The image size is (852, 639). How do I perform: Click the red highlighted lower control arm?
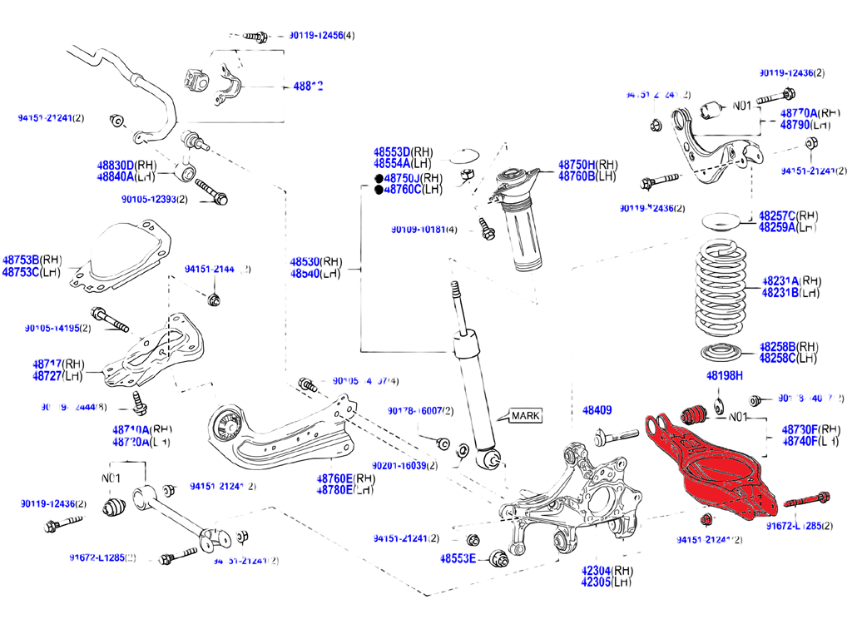[x=716, y=474]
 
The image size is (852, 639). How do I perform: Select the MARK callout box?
[x=524, y=415]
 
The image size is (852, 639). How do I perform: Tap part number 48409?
[x=597, y=410]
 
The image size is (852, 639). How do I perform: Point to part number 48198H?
[x=724, y=376]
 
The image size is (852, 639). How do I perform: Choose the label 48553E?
[x=458, y=557]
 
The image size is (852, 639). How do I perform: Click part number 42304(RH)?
[x=607, y=571]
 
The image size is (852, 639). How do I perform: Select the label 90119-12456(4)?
[x=321, y=36]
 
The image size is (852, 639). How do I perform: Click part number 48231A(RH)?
[x=791, y=281]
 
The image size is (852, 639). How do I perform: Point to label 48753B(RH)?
[x=32, y=260]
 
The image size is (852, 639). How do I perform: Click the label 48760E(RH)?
[x=346, y=478]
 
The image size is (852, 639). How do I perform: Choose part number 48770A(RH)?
[x=810, y=112]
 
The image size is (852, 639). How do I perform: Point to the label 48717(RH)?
[x=59, y=364]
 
